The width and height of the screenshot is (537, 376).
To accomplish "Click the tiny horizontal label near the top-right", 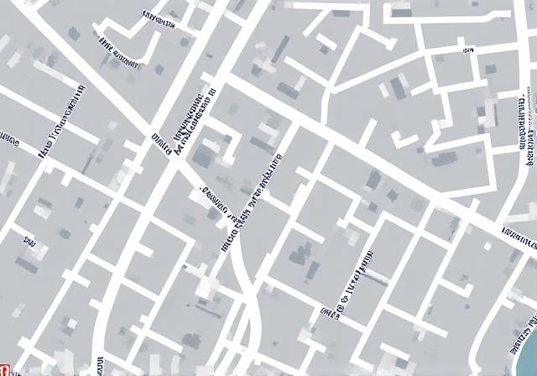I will (467, 50).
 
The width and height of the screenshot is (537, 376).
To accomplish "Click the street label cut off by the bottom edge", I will (100, 366).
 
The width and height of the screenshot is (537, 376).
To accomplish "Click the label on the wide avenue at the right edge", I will (519, 236).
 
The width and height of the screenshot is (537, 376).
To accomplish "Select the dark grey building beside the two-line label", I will (203, 155).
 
